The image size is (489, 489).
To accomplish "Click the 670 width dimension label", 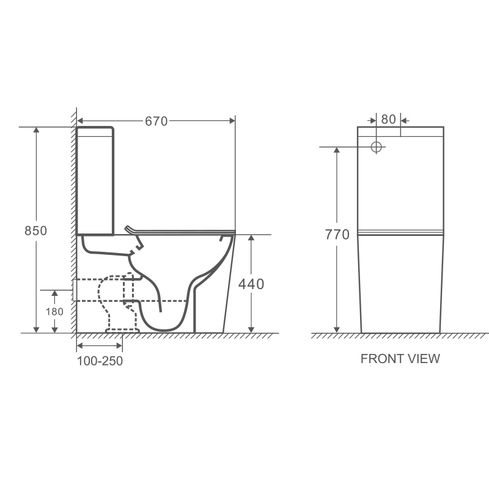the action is pyautogui.click(x=156, y=121).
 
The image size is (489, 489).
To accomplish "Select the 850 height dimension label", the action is pyautogui.click(x=36, y=231).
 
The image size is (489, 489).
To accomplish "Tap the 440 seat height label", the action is pyautogui.click(x=251, y=284).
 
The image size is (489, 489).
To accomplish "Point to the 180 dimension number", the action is pyautogui.click(x=54, y=312).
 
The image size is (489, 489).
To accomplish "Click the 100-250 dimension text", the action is pyautogui.click(x=100, y=361).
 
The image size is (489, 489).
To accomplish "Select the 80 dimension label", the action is pyautogui.click(x=388, y=119).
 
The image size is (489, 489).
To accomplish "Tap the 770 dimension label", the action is pyautogui.click(x=337, y=235).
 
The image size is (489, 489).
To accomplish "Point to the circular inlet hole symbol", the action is pyautogui.click(x=377, y=147).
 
